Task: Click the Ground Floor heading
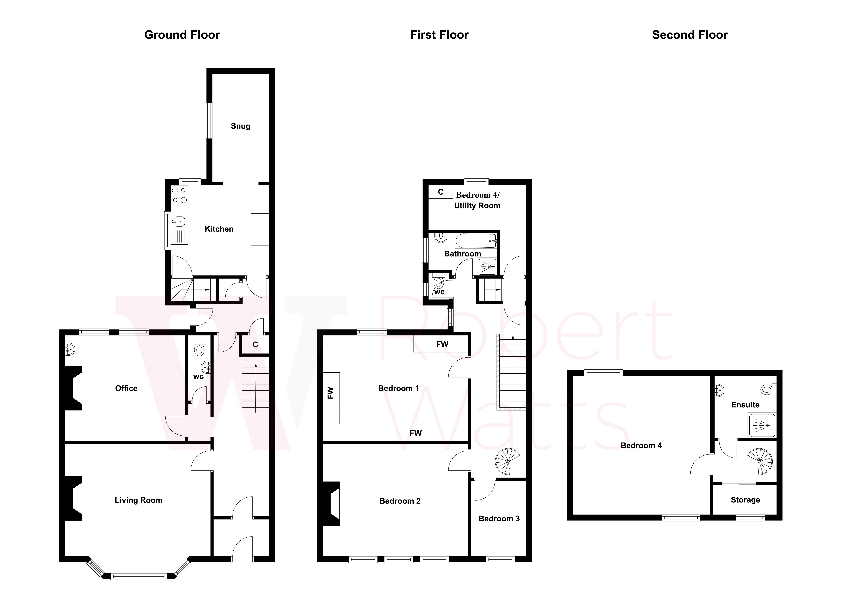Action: [x=182, y=35]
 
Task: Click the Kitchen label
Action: [x=219, y=229]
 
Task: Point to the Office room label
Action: [x=126, y=388]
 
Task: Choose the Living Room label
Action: [x=138, y=500]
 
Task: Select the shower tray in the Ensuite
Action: [x=762, y=425]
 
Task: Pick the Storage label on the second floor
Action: [x=745, y=500]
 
